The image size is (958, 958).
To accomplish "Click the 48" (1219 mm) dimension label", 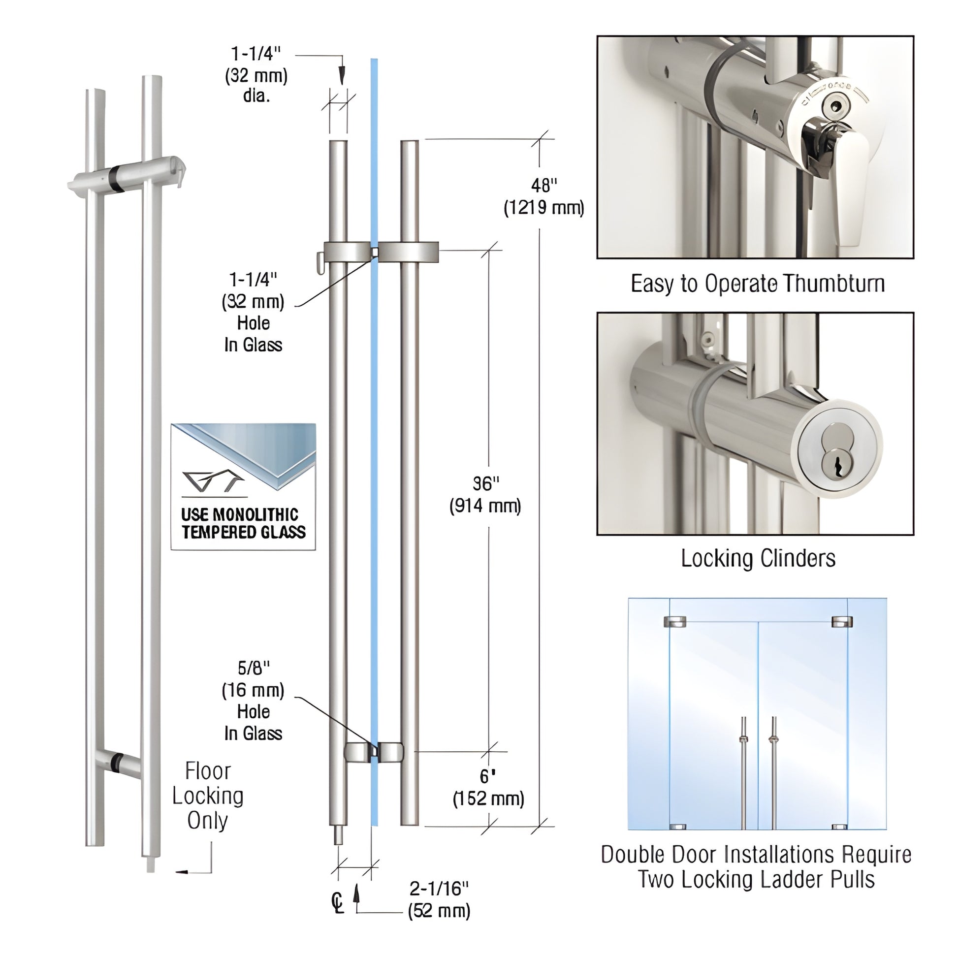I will [x=543, y=197].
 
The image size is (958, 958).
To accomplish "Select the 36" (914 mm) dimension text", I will [x=485, y=495].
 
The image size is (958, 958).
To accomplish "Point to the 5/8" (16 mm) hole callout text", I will [x=253, y=700].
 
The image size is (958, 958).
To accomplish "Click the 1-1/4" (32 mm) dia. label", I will [x=256, y=74].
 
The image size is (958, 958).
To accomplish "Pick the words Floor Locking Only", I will [x=208, y=796].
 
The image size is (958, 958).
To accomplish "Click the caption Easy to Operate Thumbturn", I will [x=757, y=284].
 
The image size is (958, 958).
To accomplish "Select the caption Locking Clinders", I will [x=758, y=558].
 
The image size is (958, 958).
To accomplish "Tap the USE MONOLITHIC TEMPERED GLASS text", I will [x=243, y=524].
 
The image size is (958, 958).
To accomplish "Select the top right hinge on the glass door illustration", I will [x=841, y=621].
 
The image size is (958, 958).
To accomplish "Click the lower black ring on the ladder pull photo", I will [x=117, y=764].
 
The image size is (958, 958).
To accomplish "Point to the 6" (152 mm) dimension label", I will [x=488, y=788].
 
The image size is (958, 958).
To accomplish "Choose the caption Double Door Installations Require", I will [x=756, y=854].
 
